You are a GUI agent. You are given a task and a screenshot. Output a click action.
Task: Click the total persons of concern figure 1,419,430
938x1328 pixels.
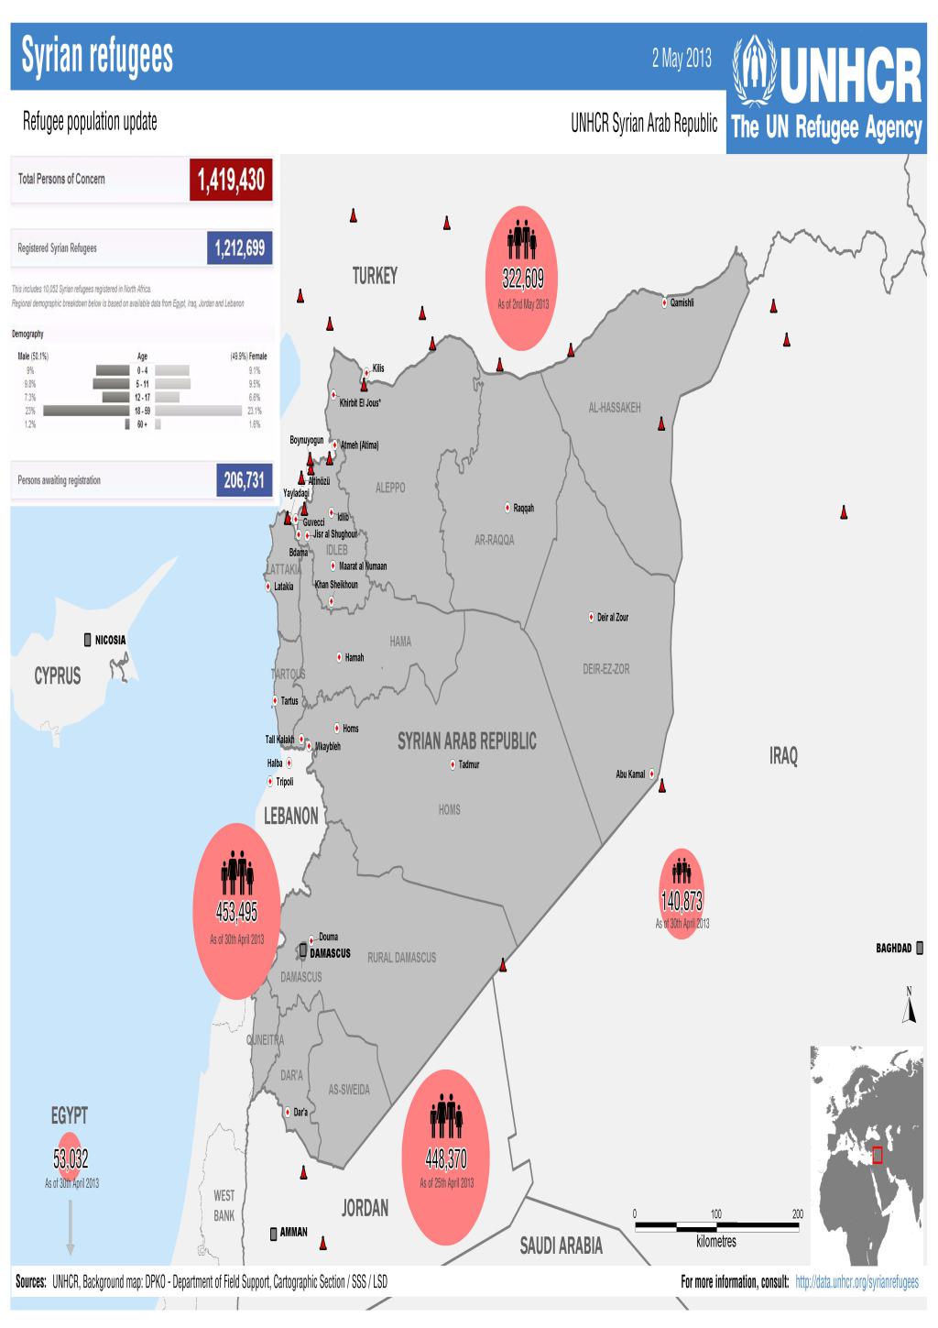231,180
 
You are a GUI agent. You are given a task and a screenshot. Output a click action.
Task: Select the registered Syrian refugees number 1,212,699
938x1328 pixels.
240,247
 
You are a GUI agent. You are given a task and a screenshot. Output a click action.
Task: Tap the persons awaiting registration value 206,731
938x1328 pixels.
244,480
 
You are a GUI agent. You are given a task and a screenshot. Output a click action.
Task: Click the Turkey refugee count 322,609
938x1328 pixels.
522,279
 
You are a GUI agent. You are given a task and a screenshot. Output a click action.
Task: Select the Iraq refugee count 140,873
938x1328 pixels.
682,901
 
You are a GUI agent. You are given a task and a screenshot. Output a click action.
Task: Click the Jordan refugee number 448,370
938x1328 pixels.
446,1159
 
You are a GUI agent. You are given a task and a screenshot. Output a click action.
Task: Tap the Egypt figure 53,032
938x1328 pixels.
71,1159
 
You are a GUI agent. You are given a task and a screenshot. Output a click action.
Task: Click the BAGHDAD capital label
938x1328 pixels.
893,949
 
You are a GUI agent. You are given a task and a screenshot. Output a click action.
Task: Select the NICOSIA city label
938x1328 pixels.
110,640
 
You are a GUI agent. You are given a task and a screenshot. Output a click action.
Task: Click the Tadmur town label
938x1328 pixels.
468,764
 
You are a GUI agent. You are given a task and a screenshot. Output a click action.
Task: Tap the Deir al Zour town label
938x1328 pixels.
612,618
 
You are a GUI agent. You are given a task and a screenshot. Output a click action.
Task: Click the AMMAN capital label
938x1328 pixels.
293,1232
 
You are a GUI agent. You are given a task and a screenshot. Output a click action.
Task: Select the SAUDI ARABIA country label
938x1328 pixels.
561,1245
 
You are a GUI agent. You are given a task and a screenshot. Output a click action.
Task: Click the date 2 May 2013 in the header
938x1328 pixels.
682,60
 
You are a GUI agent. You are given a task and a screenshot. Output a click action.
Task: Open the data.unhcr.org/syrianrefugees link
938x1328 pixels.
857,1282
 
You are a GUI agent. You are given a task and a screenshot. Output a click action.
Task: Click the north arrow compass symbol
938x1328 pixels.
910,1008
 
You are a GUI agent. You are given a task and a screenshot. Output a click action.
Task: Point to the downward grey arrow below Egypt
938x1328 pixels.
71,1228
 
